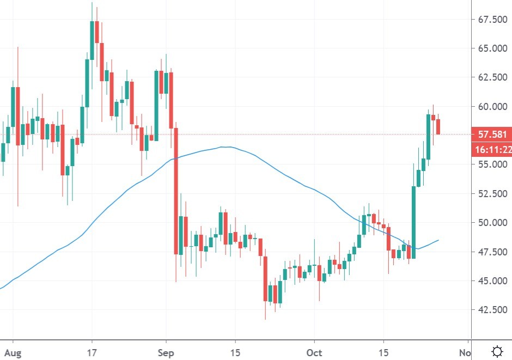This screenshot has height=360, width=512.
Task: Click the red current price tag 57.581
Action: click(491, 134)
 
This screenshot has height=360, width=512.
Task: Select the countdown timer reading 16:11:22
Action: click(492, 150)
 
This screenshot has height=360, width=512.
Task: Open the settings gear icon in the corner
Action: click(496, 351)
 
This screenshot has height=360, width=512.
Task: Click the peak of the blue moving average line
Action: click(225, 147)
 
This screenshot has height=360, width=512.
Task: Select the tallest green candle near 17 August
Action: click(92, 40)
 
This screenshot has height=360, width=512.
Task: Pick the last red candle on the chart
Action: click(438, 126)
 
